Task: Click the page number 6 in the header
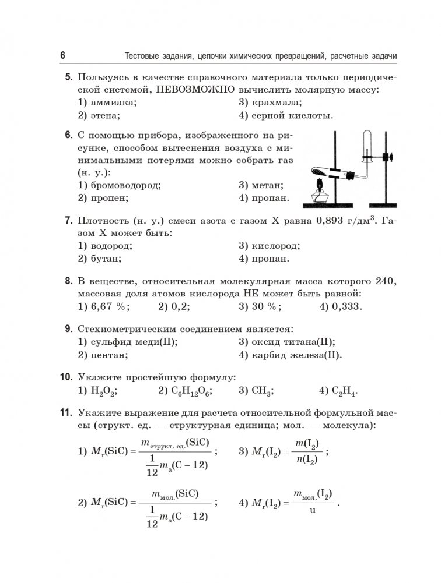coord(62,55)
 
